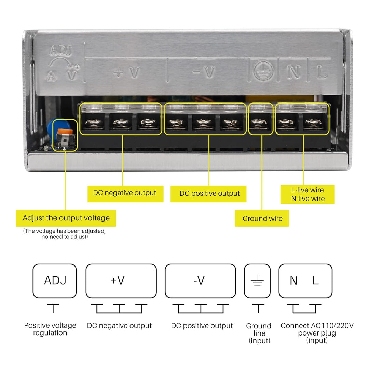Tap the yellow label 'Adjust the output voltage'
[x=66, y=218]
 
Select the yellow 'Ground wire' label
[x=262, y=219]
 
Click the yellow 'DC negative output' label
[x=124, y=193]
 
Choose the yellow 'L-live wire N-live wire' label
[x=307, y=194]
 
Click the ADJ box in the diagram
[x=55, y=281]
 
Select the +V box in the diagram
[x=121, y=281]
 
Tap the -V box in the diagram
[x=200, y=281]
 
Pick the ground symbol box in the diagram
[x=257, y=281]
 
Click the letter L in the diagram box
[x=316, y=281]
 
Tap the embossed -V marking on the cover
[x=204, y=72]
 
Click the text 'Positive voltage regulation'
[x=50, y=329]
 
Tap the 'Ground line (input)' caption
[x=259, y=333]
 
